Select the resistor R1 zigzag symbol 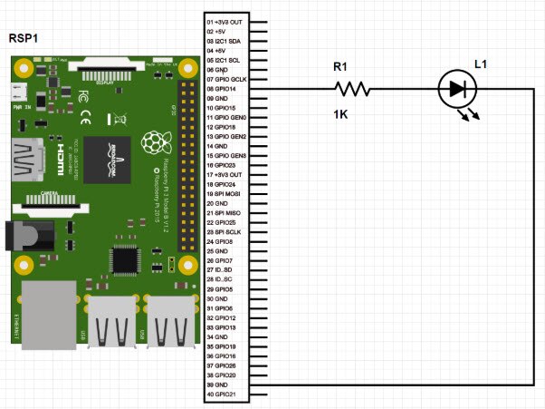(x=352, y=89)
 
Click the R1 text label (x=339, y=66)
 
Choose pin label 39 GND (x=220, y=385)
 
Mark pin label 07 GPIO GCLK (x=230, y=80)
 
